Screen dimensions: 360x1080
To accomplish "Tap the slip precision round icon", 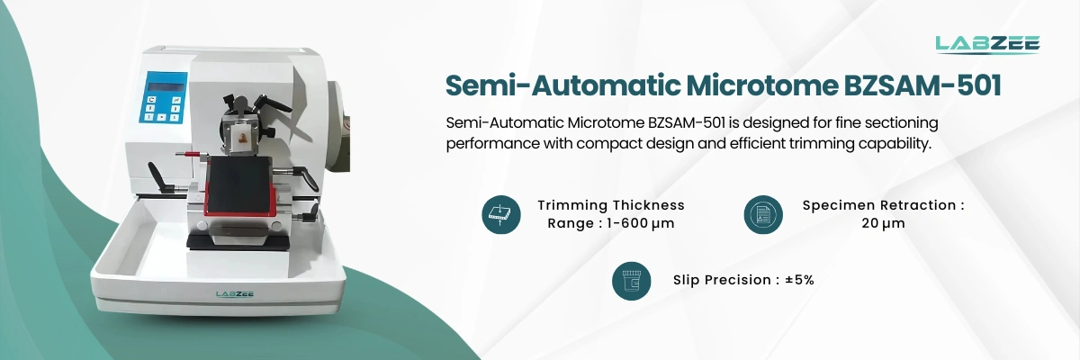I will (x=632, y=281).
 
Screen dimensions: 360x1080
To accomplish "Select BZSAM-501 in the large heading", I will (x=922, y=85).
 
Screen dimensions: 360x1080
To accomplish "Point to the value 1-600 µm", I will (x=636, y=223).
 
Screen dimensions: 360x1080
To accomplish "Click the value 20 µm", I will (x=883, y=223).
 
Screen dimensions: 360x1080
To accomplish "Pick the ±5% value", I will (x=799, y=280).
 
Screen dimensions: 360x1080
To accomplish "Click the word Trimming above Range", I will (x=571, y=205).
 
